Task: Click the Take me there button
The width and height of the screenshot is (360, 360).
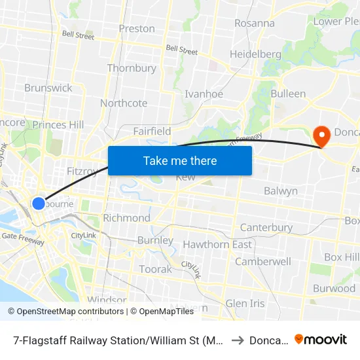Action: tap(180, 160)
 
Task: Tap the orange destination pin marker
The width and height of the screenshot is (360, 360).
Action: tap(322, 135)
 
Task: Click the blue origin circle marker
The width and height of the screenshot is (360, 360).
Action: tap(39, 203)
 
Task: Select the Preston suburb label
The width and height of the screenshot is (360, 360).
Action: tap(137, 29)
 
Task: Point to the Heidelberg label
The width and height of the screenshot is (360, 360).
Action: tap(255, 54)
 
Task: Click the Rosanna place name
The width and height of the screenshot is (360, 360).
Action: tap(255, 23)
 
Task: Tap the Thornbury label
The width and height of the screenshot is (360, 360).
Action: tap(132, 68)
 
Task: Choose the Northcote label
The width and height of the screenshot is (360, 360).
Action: tap(124, 103)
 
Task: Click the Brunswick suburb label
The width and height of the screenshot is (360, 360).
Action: tap(48, 88)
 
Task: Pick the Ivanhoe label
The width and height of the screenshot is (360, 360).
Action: tap(204, 94)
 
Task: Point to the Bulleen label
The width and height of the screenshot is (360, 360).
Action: tap(288, 94)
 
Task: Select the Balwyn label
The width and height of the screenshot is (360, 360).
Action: tap(281, 191)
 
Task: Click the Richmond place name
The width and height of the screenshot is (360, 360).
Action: tap(127, 218)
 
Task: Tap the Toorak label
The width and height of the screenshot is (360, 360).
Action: tap(155, 269)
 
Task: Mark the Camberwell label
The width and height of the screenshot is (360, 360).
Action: tap(263, 261)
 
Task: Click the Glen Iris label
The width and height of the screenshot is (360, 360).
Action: tap(245, 304)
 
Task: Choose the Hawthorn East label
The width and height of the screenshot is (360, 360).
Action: tap(217, 245)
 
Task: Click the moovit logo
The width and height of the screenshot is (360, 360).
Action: tap(321, 340)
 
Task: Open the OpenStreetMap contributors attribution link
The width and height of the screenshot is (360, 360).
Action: tap(65, 312)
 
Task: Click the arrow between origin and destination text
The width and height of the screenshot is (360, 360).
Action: tap(237, 340)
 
